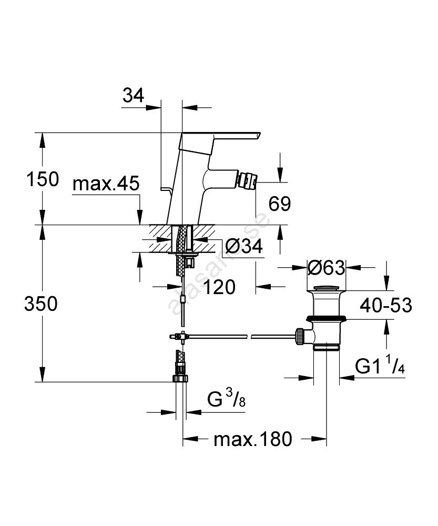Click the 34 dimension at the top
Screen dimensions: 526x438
[133, 96]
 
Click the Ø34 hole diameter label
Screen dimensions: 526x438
[243, 246]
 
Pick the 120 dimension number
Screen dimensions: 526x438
[217, 287]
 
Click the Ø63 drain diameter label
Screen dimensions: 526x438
[326, 268]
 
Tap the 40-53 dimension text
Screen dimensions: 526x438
[385, 305]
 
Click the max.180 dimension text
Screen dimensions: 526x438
[252, 439]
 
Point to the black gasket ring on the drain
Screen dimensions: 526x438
[326, 318]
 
